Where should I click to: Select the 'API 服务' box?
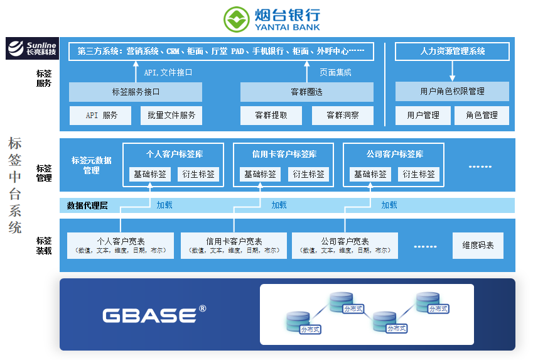point(100,116)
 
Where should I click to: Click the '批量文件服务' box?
point(171,116)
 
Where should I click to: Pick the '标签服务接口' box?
point(136,92)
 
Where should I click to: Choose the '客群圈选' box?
point(306,92)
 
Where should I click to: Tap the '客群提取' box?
point(271,116)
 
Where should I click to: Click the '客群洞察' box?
point(342,116)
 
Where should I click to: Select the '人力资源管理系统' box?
point(452,52)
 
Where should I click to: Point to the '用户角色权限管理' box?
point(452,92)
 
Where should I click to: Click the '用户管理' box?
point(423,116)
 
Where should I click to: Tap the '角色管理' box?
point(482,116)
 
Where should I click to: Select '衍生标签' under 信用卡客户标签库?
point(308,174)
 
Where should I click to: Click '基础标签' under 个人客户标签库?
point(149,174)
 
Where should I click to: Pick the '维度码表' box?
point(478,246)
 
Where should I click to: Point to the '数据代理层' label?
point(87,205)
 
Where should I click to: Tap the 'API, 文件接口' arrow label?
point(168,72)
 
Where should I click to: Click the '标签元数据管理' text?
point(92,165)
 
